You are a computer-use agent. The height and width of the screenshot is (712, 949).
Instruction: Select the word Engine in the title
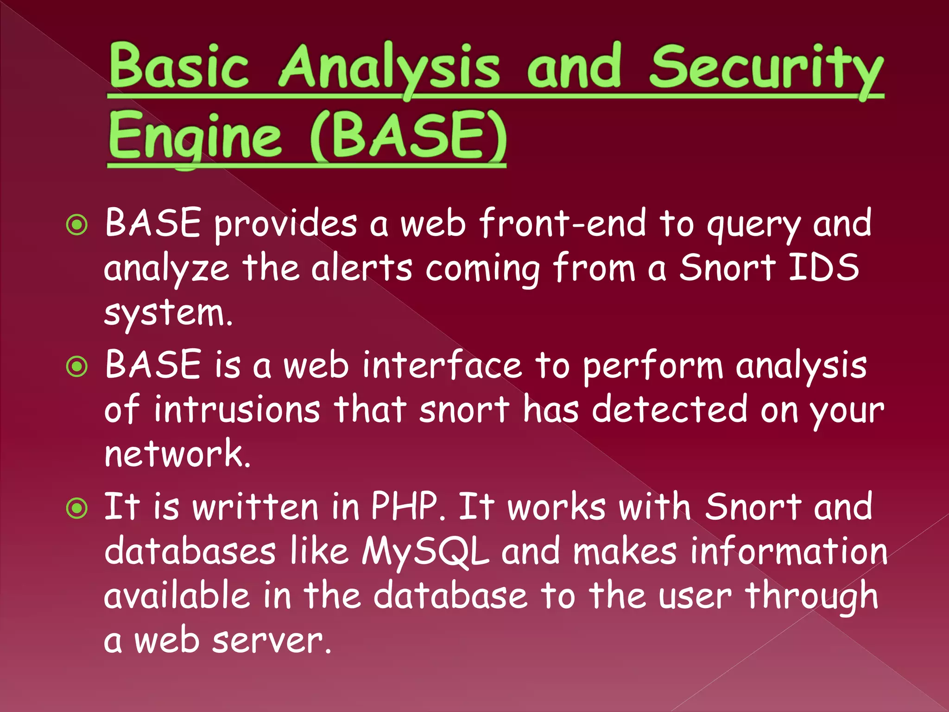pos(195,136)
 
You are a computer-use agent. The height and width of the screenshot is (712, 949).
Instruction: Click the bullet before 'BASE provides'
pos(77,226)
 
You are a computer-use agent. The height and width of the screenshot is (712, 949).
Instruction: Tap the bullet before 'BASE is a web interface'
pos(77,367)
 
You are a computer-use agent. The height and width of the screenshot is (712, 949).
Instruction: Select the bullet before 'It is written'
pos(77,509)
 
